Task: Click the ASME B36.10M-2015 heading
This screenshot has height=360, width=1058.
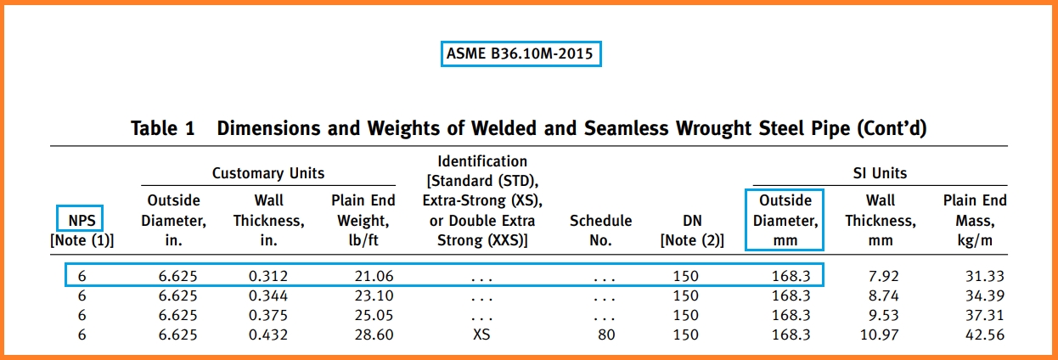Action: pyautogui.click(x=522, y=55)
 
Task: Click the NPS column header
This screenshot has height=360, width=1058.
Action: pyautogui.click(x=82, y=221)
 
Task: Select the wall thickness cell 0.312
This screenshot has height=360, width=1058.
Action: pyautogui.click(x=268, y=276)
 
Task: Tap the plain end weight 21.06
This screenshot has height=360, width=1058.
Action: pyautogui.click(x=372, y=276)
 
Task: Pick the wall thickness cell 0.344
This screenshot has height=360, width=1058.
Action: pyautogui.click(x=268, y=296)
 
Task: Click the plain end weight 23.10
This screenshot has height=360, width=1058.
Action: pyautogui.click(x=372, y=296)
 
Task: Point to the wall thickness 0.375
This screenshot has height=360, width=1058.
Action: pyautogui.click(x=268, y=316)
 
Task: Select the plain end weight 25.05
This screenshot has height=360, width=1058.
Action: pyautogui.click(x=372, y=316)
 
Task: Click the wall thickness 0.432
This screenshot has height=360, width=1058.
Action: pyautogui.click(x=268, y=335)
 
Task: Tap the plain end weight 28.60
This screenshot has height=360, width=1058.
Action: pyautogui.click(x=372, y=335)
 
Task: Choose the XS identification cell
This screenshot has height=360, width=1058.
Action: pyautogui.click(x=481, y=335)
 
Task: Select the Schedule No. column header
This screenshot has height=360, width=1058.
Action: pyautogui.click(x=600, y=230)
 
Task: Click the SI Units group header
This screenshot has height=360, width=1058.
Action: pyautogui.click(x=880, y=173)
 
